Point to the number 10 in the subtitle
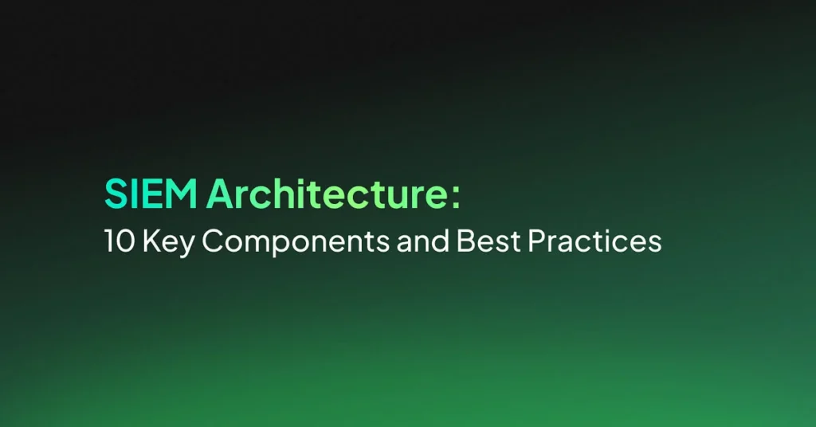click(120, 241)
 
